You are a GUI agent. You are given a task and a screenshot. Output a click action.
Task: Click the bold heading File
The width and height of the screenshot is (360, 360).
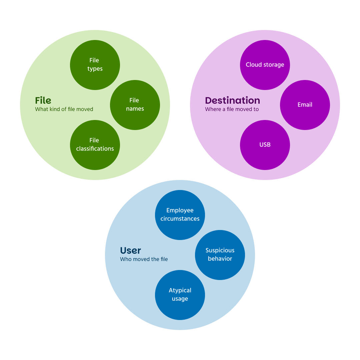coord(43,101)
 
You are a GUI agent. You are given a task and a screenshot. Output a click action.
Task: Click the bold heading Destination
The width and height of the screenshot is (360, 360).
coord(232,101)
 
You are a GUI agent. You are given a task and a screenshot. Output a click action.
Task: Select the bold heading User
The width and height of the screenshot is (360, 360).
coord(130,251)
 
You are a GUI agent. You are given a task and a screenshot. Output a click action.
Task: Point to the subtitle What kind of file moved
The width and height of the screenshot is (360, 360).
coord(64,109)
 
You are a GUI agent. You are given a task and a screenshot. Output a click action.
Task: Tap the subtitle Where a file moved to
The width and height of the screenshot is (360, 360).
coord(232,109)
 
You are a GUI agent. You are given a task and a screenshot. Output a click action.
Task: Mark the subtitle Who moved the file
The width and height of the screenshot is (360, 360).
coord(144,259)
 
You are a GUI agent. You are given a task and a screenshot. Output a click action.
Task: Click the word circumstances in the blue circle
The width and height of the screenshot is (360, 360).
coord(180,219)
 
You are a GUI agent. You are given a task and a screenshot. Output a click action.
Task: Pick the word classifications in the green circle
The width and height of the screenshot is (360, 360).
coord(95,149)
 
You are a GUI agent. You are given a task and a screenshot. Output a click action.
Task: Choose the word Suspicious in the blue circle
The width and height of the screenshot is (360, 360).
coord(220,250)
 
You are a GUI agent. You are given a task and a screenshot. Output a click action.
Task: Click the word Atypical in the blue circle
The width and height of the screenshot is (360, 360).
coord(180,290)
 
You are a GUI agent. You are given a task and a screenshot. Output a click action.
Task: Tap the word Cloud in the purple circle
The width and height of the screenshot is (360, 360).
coord(253,65)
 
